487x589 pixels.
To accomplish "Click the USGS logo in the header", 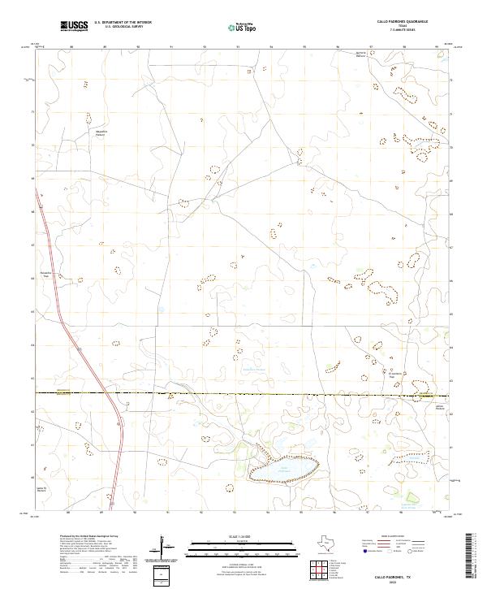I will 75,27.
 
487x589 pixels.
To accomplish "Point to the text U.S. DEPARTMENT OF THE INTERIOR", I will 123,23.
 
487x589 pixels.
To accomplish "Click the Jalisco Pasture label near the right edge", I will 429,406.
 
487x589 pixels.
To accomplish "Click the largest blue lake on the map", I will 282,469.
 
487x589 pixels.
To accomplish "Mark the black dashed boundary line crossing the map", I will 243,393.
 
